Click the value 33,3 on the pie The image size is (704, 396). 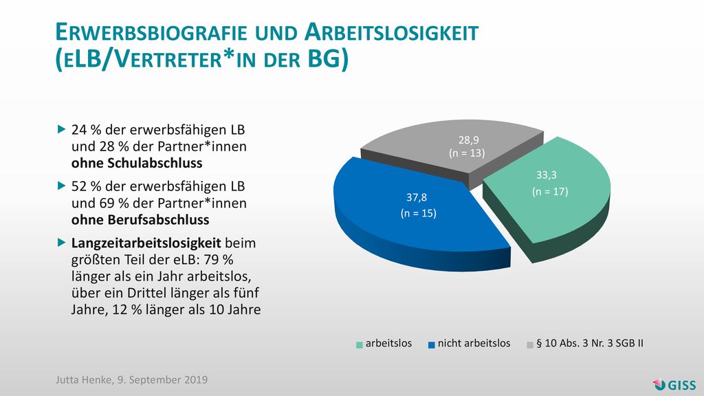click(547, 175)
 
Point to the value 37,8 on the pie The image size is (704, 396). click(417, 197)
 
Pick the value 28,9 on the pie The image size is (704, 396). click(468, 140)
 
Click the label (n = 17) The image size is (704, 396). click(550, 192)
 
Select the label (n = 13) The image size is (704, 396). click(467, 153)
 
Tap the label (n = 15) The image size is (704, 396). click(419, 213)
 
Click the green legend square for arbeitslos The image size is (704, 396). click(359, 345)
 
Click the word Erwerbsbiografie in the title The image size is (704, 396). click(151, 33)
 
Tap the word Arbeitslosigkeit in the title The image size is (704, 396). click(391, 33)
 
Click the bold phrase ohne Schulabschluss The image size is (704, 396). click(137, 163)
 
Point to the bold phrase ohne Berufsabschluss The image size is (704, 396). click(140, 220)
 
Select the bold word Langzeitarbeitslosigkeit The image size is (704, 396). click(146, 243)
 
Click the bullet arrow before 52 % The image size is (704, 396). click(62, 186)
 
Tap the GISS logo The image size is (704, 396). click(674, 385)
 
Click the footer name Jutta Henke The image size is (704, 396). click(83, 379)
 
